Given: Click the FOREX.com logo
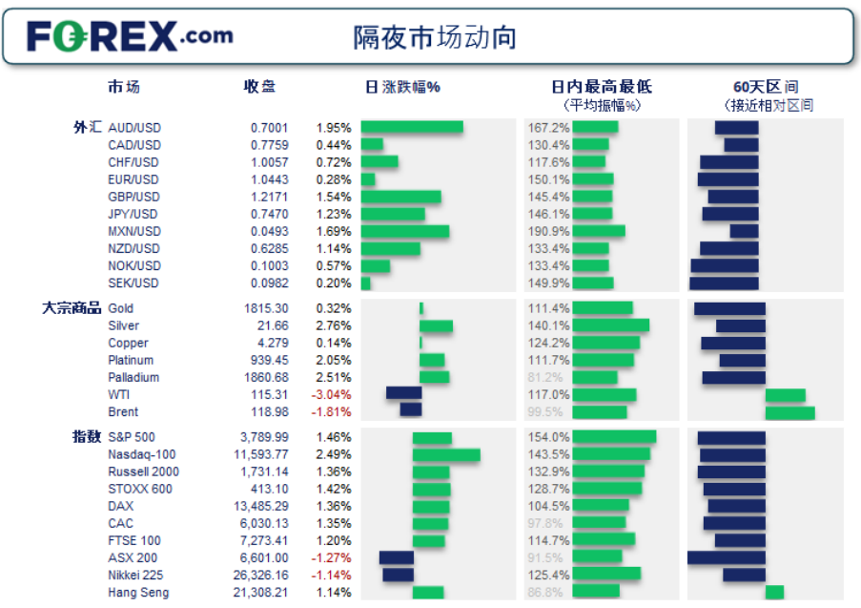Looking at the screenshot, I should point(130,36).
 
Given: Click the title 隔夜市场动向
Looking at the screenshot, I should point(435,37).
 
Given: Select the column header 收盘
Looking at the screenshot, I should point(259,87).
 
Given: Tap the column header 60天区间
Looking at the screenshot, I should point(766,87).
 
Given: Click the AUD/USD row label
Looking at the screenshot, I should point(134,128).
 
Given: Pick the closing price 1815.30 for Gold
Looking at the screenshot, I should point(266,308).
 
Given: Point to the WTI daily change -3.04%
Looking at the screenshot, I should point(333,394).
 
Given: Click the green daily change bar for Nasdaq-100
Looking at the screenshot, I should point(446,455).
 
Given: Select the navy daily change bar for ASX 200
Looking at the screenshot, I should point(397,558).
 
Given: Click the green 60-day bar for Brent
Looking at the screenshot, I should point(789,412).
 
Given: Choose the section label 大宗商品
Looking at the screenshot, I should point(72,308).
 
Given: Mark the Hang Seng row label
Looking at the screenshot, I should point(140,593).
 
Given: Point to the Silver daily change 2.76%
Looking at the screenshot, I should point(334,325).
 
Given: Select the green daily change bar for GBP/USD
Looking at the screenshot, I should point(400,197).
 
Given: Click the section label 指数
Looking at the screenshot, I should point(87,436).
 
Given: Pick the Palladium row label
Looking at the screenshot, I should point(133,377).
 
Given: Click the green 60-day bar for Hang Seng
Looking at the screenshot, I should point(774,593).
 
